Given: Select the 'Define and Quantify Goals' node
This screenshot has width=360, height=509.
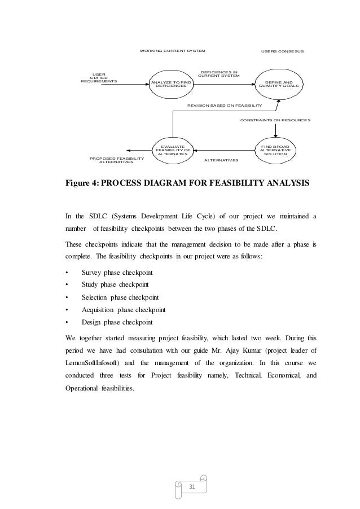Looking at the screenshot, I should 279,84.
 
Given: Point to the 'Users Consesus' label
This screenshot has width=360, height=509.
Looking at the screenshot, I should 282,51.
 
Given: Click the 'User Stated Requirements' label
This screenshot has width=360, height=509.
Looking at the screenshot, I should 99,77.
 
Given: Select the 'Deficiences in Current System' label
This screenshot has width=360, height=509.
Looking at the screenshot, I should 219,74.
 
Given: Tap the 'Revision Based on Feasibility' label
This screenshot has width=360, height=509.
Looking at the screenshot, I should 225,106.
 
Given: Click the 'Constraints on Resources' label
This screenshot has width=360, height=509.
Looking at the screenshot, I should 275,120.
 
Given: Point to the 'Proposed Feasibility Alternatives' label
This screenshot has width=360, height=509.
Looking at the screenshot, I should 117,161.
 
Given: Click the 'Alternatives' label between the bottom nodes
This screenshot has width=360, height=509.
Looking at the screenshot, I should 221,161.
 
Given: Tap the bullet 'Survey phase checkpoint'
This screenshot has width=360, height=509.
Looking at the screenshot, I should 117,273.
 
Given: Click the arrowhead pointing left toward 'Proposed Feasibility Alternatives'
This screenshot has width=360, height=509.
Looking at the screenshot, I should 130,150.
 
